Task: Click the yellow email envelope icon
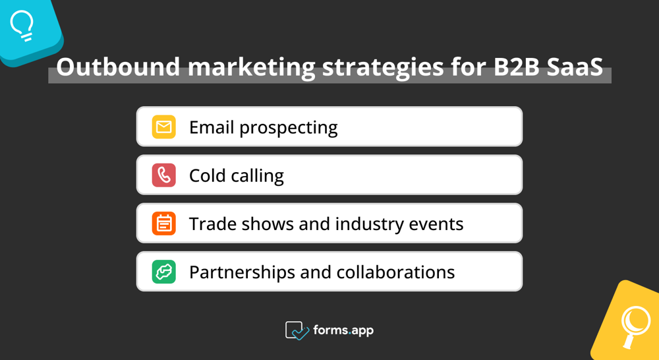point(163,127)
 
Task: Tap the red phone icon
point(163,175)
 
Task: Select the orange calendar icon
point(163,224)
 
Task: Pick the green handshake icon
point(163,272)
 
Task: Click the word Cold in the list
point(208,175)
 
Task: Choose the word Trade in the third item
point(212,224)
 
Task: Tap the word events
point(438,224)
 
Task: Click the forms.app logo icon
point(297,330)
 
